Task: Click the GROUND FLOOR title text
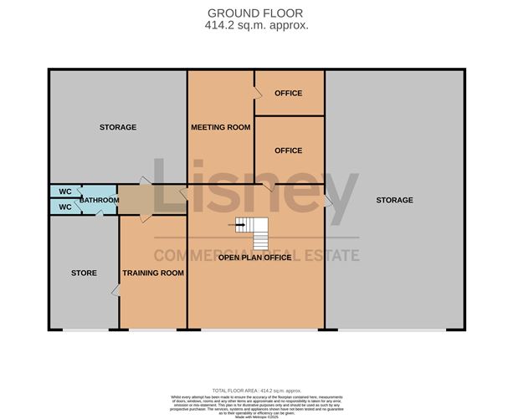[256, 13]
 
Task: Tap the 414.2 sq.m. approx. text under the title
[256, 25]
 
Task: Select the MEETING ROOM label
[221, 127]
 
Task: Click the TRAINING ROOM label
[153, 273]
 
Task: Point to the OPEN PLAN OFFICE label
[254, 258]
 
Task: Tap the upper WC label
[64, 191]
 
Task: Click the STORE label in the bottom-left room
[84, 273]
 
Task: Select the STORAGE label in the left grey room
[117, 127]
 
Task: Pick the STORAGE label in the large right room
[394, 200]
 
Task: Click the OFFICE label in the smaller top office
[288, 93]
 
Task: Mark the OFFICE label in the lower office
[288, 151]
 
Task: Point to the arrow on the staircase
[241, 223]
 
